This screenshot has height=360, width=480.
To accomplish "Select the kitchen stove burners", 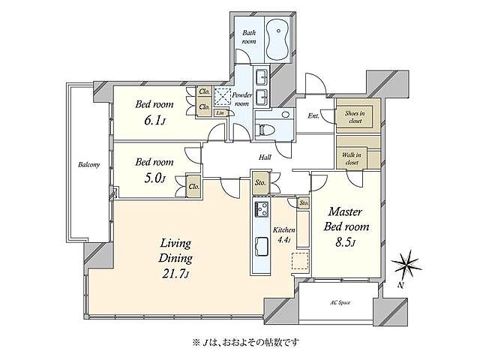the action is [261, 210].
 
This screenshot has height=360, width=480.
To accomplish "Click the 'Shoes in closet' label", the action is [355, 117].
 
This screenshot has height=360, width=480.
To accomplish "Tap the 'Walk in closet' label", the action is [352, 158].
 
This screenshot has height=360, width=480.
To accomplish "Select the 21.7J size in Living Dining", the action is [175, 273].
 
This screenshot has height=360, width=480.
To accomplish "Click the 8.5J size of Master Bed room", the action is [345, 242].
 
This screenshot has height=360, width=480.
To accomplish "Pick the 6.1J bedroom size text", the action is [154, 121].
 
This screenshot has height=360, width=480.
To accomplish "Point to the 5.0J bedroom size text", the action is [154, 178].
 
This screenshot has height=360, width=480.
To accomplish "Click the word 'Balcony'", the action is [88, 165].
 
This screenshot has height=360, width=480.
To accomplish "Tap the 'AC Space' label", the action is [340, 302].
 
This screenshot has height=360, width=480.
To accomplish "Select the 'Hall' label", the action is [265, 157].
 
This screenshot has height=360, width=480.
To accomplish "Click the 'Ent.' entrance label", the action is [313, 116].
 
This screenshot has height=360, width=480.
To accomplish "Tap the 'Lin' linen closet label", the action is [220, 113].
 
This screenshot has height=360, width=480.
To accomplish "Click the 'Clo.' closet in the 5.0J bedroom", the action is [194, 187].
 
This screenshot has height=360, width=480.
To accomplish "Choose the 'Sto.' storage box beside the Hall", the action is [260, 183].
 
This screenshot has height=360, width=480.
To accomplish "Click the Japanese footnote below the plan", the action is [246, 342].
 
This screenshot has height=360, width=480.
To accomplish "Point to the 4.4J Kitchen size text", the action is [283, 240].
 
